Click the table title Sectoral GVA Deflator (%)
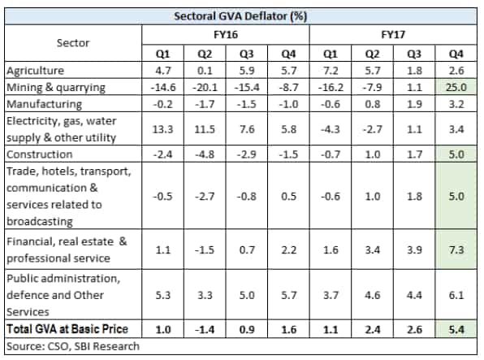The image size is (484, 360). (x=240, y=16)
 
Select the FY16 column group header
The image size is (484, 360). (x=226, y=34)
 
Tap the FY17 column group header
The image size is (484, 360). (x=393, y=34)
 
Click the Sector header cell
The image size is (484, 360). (x=73, y=42)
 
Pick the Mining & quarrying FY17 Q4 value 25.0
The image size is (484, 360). (x=456, y=87)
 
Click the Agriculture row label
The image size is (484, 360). (x=35, y=71)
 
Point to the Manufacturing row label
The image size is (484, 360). (x=44, y=104)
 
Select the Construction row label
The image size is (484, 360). (x=40, y=154)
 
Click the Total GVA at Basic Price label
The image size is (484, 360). (x=67, y=329)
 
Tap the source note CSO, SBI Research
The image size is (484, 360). (x=73, y=346)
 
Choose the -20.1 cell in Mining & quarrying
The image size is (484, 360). (x=205, y=87)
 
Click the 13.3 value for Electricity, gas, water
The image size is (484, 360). (x=162, y=129)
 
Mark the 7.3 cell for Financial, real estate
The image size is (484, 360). (x=456, y=249)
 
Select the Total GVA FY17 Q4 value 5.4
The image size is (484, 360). (x=456, y=329)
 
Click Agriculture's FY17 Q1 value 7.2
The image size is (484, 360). (x=331, y=71)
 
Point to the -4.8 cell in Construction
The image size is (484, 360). (x=205, y=154)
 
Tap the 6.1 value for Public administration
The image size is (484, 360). (x=456, y=295)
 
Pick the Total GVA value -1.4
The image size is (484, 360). (x=205, y=329)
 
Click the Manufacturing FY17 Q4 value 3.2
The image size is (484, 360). (x=456, y=104)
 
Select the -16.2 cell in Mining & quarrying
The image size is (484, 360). (x=331, y=87)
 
